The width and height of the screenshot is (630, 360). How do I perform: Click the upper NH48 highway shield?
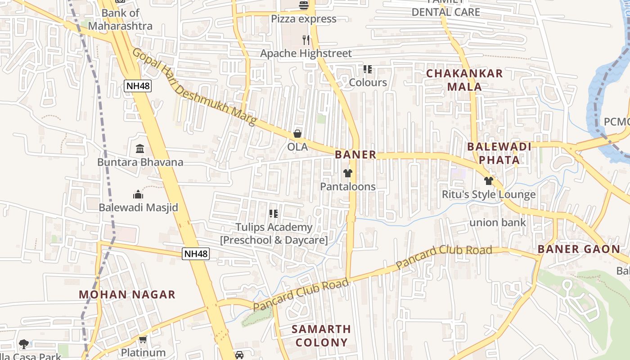138,85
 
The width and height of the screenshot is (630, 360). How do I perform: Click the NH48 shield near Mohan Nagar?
196,254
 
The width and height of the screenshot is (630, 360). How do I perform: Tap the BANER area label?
355,155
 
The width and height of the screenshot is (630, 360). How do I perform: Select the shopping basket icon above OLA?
297,134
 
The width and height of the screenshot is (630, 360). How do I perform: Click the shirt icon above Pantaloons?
347,173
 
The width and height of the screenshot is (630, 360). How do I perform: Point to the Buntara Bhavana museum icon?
140,148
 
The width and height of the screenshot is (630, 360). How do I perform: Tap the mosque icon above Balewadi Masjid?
138,194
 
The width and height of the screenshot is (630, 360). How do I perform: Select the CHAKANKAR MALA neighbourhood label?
464,80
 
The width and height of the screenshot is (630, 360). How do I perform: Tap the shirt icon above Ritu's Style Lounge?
489,181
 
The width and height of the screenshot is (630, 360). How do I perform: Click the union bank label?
498,222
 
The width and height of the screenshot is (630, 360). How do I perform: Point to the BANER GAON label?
579,249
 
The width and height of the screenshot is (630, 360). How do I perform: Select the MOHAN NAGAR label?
127,295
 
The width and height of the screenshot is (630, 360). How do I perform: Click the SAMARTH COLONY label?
321,336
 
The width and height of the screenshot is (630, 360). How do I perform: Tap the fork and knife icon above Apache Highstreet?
306,40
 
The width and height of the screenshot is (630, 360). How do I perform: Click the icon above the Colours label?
368,69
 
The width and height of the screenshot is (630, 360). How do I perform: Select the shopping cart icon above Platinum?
143,339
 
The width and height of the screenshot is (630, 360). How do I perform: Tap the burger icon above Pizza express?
304,5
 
